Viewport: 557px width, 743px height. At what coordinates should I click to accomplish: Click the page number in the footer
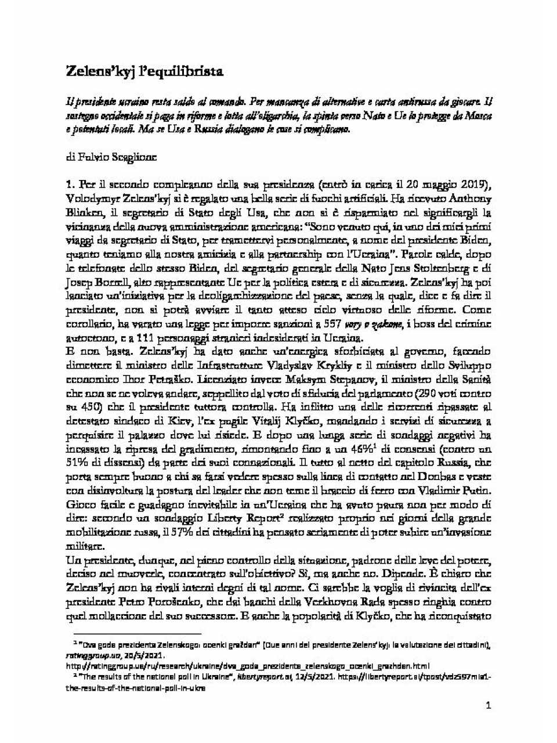(489, 706)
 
